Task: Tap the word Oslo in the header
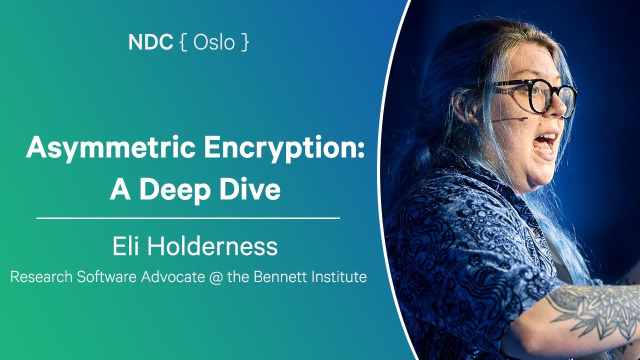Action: coord(214,42)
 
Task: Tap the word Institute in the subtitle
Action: coord(336,276)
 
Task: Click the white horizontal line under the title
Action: coord(188,218)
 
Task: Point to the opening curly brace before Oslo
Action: coord(183,43)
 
